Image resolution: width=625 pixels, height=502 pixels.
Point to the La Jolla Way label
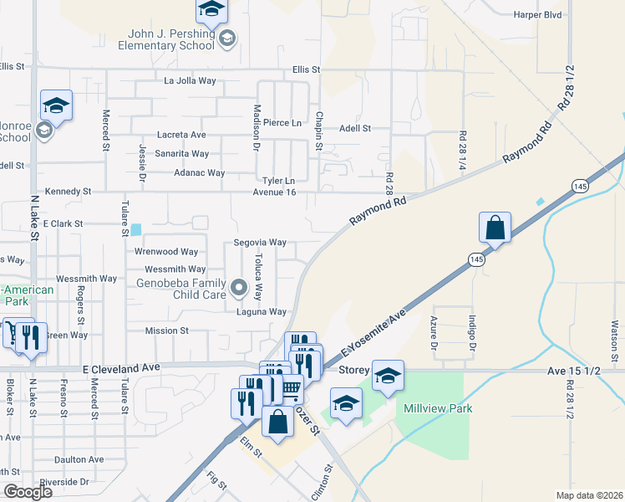[190, 81]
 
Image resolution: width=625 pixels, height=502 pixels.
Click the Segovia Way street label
[260, 243]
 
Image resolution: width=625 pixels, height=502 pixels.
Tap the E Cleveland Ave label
[121, 367]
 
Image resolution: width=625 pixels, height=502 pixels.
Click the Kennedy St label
[69, 192]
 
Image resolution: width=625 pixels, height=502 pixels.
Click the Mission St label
[166, 330]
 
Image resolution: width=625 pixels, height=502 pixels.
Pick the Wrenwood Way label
[165, 251]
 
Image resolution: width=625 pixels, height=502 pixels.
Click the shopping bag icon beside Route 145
[495, 227]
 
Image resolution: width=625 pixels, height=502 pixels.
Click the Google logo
[28, 492]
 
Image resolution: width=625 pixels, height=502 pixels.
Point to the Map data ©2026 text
[590, 495]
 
